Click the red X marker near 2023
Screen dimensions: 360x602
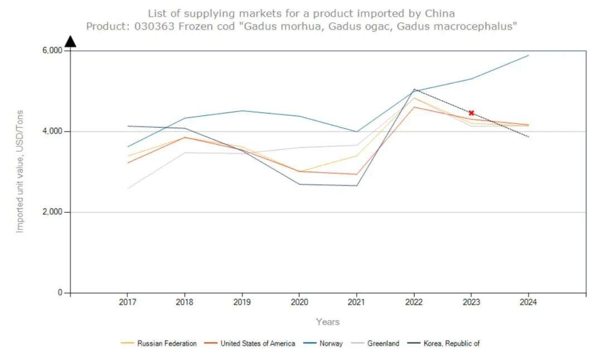[x=471, y=113]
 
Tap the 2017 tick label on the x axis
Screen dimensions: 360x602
[x=128, y=303]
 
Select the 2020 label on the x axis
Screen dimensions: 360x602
[x=299, y=303]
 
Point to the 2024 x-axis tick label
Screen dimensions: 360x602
[x=528, y=303]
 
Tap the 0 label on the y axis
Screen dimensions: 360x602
[x=60, y=293]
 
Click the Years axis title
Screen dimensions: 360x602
[x=328, y=322]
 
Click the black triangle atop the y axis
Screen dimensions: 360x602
[x=70, y=42]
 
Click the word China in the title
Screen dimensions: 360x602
[x=440, y=13]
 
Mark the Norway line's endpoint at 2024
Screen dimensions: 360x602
[x=528, y=55]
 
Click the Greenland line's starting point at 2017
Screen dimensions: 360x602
[x=128, y=188]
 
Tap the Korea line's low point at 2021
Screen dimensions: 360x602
[x=357, y=186]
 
